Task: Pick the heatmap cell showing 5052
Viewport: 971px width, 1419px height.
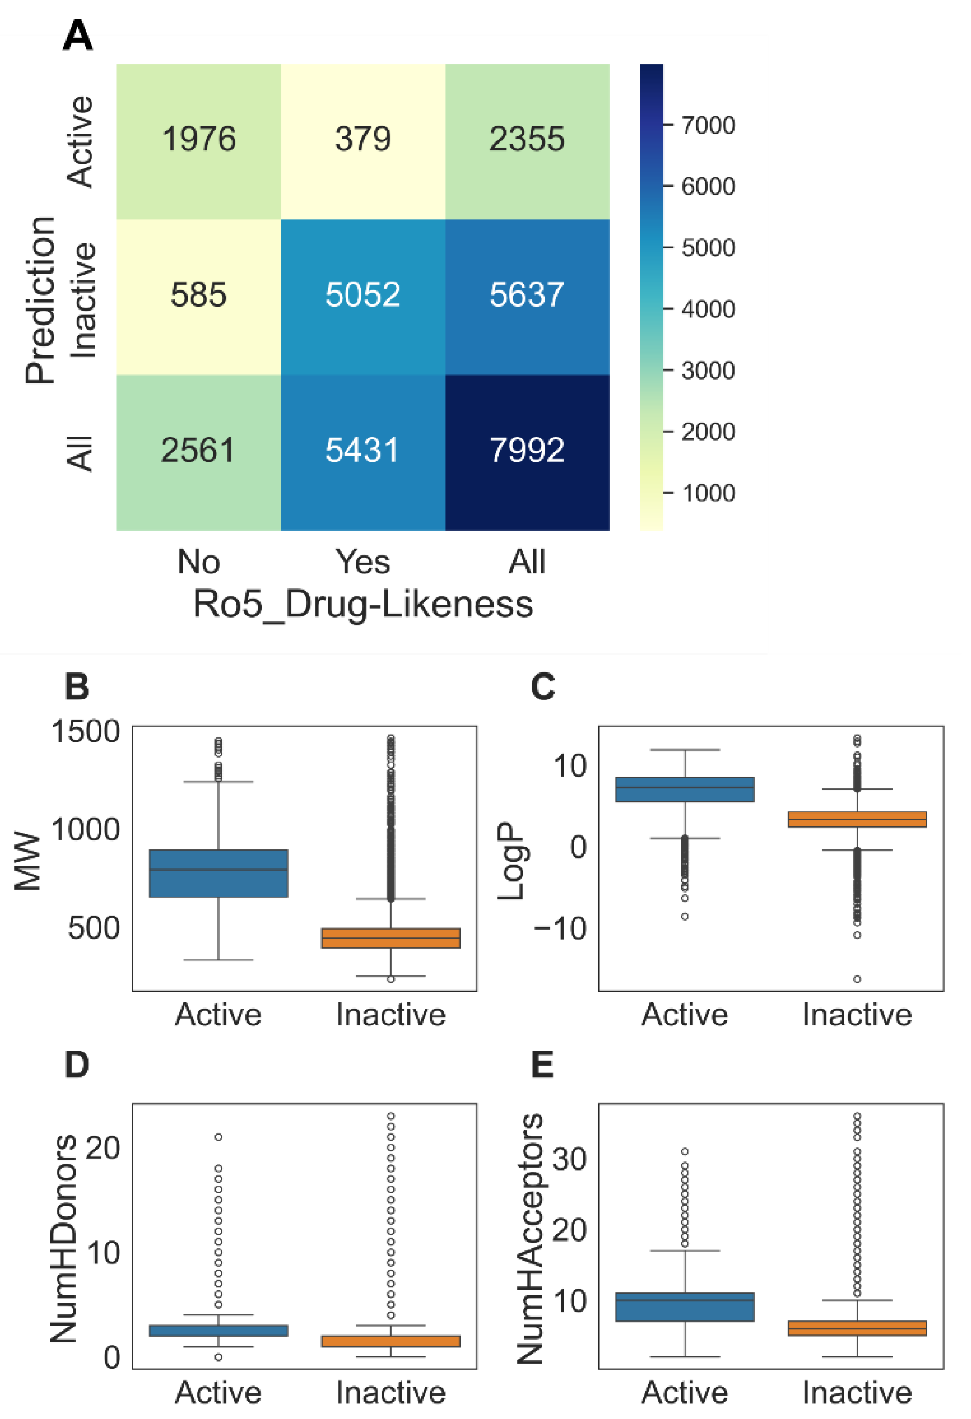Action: (x=363, y=296)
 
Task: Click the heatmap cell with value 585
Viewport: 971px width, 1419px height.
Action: (x=198, y=296)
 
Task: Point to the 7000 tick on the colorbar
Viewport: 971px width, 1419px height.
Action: (x=707, y=126)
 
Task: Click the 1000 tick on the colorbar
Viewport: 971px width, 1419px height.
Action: (x=707, y=494)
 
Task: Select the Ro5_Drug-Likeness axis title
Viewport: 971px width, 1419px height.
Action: (x=363, y=605)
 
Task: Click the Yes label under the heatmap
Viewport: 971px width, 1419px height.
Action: (x=363, y=562)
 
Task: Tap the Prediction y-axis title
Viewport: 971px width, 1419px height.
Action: (x=40, y=299)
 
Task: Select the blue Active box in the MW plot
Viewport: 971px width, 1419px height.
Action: (x=218, y=873)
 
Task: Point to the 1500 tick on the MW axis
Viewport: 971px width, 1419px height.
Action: (x=85, y=732)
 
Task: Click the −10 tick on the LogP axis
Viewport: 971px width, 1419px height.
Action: (x=560, y=929)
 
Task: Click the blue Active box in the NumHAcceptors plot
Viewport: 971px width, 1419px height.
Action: (x=685, y=1307)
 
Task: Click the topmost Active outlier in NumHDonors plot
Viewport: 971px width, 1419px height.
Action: (x=218, y=1137)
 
